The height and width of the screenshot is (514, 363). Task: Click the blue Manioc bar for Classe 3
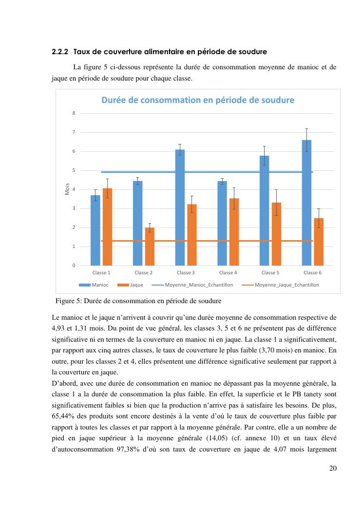180,207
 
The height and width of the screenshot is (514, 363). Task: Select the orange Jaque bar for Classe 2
150,247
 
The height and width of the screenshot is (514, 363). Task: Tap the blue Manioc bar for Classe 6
306,203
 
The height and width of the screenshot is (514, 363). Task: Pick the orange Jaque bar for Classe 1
107,227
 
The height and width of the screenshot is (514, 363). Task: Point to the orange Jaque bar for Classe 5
276,234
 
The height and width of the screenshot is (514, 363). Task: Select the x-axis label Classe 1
101,272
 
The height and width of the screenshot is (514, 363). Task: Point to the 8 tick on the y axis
74,113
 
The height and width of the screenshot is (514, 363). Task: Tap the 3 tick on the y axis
74,208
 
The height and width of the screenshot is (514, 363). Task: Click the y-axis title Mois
67,189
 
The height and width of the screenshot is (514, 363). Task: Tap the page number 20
333,468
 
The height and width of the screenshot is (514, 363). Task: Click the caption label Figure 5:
72,300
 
